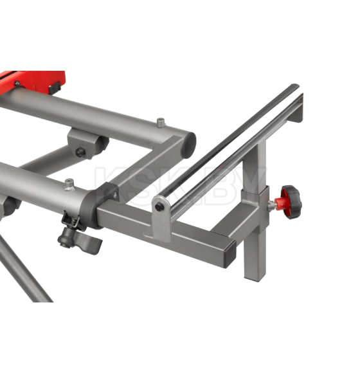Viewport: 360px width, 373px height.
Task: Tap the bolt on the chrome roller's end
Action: point(158,207)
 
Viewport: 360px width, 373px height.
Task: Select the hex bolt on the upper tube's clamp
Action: point(80,152)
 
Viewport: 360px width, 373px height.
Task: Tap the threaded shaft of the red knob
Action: point(272,205)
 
